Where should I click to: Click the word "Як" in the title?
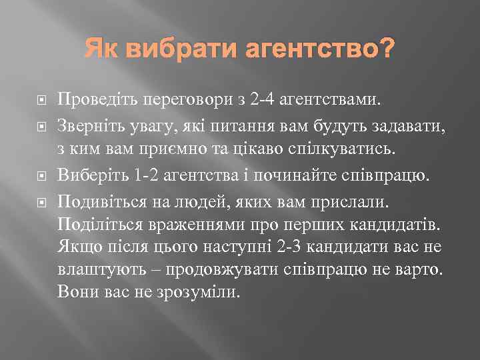pyautogui.click(x=99, y=49)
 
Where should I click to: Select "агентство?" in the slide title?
pyautogui.click(x=310, y=49)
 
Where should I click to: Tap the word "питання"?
pyautogui.click(x=229, y=123)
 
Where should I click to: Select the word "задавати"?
pyautogui.click(x=396, y=123)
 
